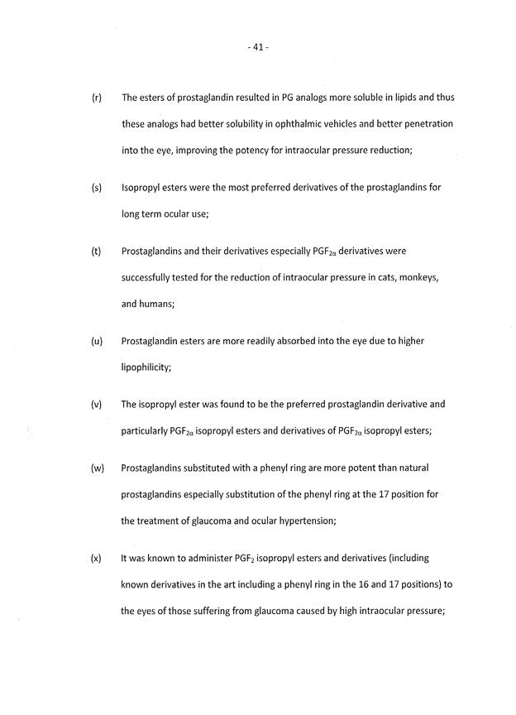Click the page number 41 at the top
coord(258,47)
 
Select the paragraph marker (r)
coord(96,98)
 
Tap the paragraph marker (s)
coord(96,188)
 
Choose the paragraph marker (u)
coord(96,341)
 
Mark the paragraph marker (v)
coord(96,405)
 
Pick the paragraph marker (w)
coord(97,468)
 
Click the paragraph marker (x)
coord(96,559)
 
